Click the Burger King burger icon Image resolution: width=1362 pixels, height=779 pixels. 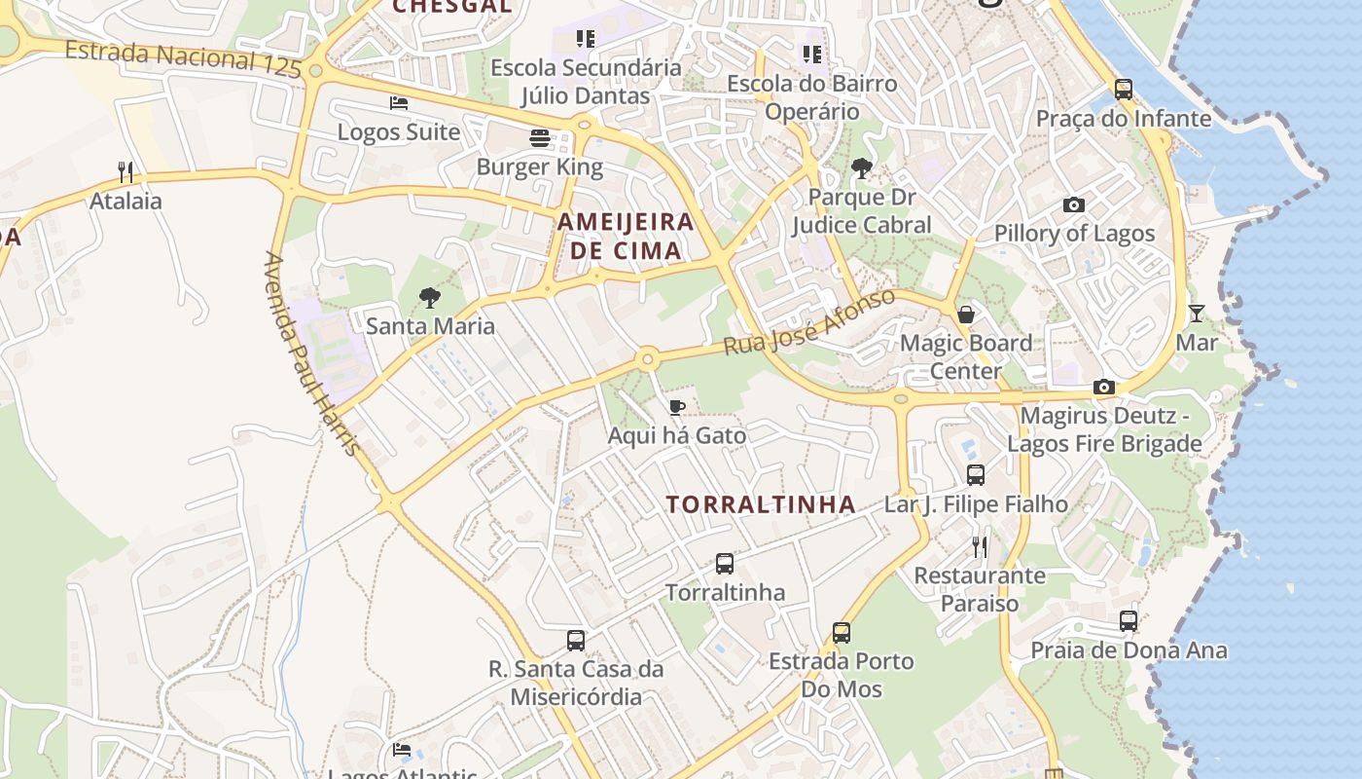tap(540, 138)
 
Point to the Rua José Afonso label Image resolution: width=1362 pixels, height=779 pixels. tap(808, 321)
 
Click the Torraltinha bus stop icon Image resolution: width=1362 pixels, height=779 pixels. tap(725, 563)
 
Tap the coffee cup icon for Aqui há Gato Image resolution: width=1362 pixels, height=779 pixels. tap(677, 406)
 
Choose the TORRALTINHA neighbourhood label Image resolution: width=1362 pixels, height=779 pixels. tap(761, 504)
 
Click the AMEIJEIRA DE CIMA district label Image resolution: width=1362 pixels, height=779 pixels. tap(625, 236)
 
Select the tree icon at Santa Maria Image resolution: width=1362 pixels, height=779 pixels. tap(429, 297)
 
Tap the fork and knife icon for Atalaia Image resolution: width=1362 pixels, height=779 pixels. tap(125, 172)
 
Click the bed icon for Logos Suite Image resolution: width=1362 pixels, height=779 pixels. tap(398, 103)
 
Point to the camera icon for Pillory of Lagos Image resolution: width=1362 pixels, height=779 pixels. tap(1074, 204)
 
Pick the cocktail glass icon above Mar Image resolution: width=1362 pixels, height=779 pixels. tap(1197, 314)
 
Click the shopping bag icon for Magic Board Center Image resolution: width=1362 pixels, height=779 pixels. tap(966, 314)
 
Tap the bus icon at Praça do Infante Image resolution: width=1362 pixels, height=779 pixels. tap(1124, 90)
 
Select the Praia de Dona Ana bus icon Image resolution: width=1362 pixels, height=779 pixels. tap(1129, 620)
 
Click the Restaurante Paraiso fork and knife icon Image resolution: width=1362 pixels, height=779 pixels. tap(980, 546)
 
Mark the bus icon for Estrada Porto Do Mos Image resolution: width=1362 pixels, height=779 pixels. tap(842, 632)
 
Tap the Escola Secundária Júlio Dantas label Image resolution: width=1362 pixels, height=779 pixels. tap(586, 82)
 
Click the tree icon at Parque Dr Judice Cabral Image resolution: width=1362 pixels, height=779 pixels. tap(861, 168)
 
